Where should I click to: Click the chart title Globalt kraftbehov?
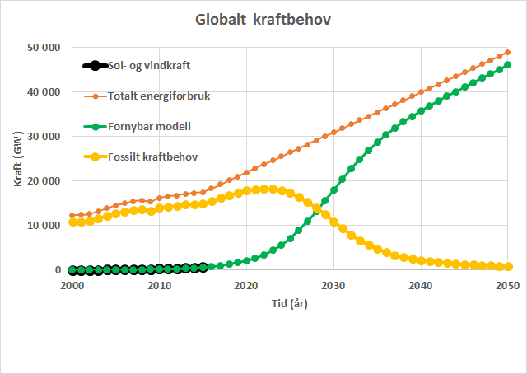point(263,18)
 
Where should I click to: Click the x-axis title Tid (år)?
point(290,302)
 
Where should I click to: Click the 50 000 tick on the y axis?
point(43,48)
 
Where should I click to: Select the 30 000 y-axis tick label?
point(43,136)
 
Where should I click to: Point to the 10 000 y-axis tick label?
point(43,225)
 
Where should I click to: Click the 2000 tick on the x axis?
point(72,285)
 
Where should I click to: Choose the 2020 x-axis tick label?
point(246,285)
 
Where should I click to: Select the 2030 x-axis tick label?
point(333,285)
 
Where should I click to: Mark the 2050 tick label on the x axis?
point(507,285)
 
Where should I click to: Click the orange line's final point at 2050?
point(508,52)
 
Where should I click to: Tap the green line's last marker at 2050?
point(508,65)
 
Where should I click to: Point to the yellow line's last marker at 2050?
point(508,266)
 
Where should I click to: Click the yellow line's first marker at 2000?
point(72,222)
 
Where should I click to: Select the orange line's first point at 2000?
point(72,216)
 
